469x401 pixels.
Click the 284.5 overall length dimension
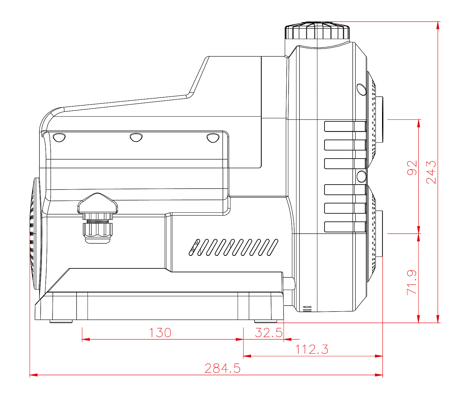(x=222, y=368)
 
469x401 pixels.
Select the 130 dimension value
(x=160, y=333)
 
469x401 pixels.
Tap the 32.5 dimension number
(x=269, y=333)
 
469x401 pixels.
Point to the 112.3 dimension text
(x=311, y=349)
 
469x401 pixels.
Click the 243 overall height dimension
(x=431, y=172)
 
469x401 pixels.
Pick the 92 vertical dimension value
(x=412, y=168)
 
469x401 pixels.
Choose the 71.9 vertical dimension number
(x=412, y=282)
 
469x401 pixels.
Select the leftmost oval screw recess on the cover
(x=59, y=138)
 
